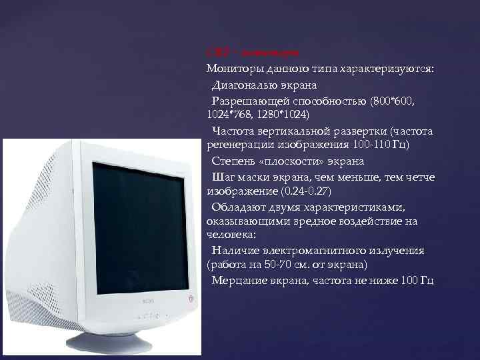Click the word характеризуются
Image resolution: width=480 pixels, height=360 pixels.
click(x=396, y=69)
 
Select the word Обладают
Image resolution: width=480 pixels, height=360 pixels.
click(x=239, y=206)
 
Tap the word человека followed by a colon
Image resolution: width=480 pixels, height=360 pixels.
click(x=229, y=235)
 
